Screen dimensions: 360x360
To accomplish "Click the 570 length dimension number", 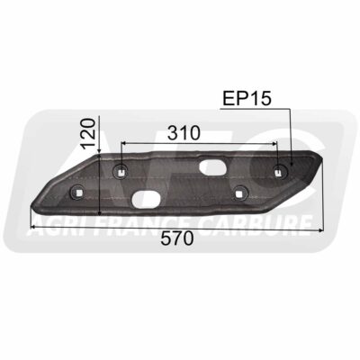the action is click(176, 239).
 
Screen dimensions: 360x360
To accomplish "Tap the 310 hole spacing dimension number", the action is click(184, 133).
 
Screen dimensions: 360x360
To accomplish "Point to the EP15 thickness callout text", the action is click(247, 98).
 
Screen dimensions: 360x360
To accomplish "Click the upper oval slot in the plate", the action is click(212, 166).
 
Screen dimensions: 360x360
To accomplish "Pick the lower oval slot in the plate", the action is click(146, 199).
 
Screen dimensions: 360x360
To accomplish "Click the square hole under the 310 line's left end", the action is click(121, 172).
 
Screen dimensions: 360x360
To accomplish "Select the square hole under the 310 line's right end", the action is click(279, 172).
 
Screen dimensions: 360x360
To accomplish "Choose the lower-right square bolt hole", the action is click(238, 193).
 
